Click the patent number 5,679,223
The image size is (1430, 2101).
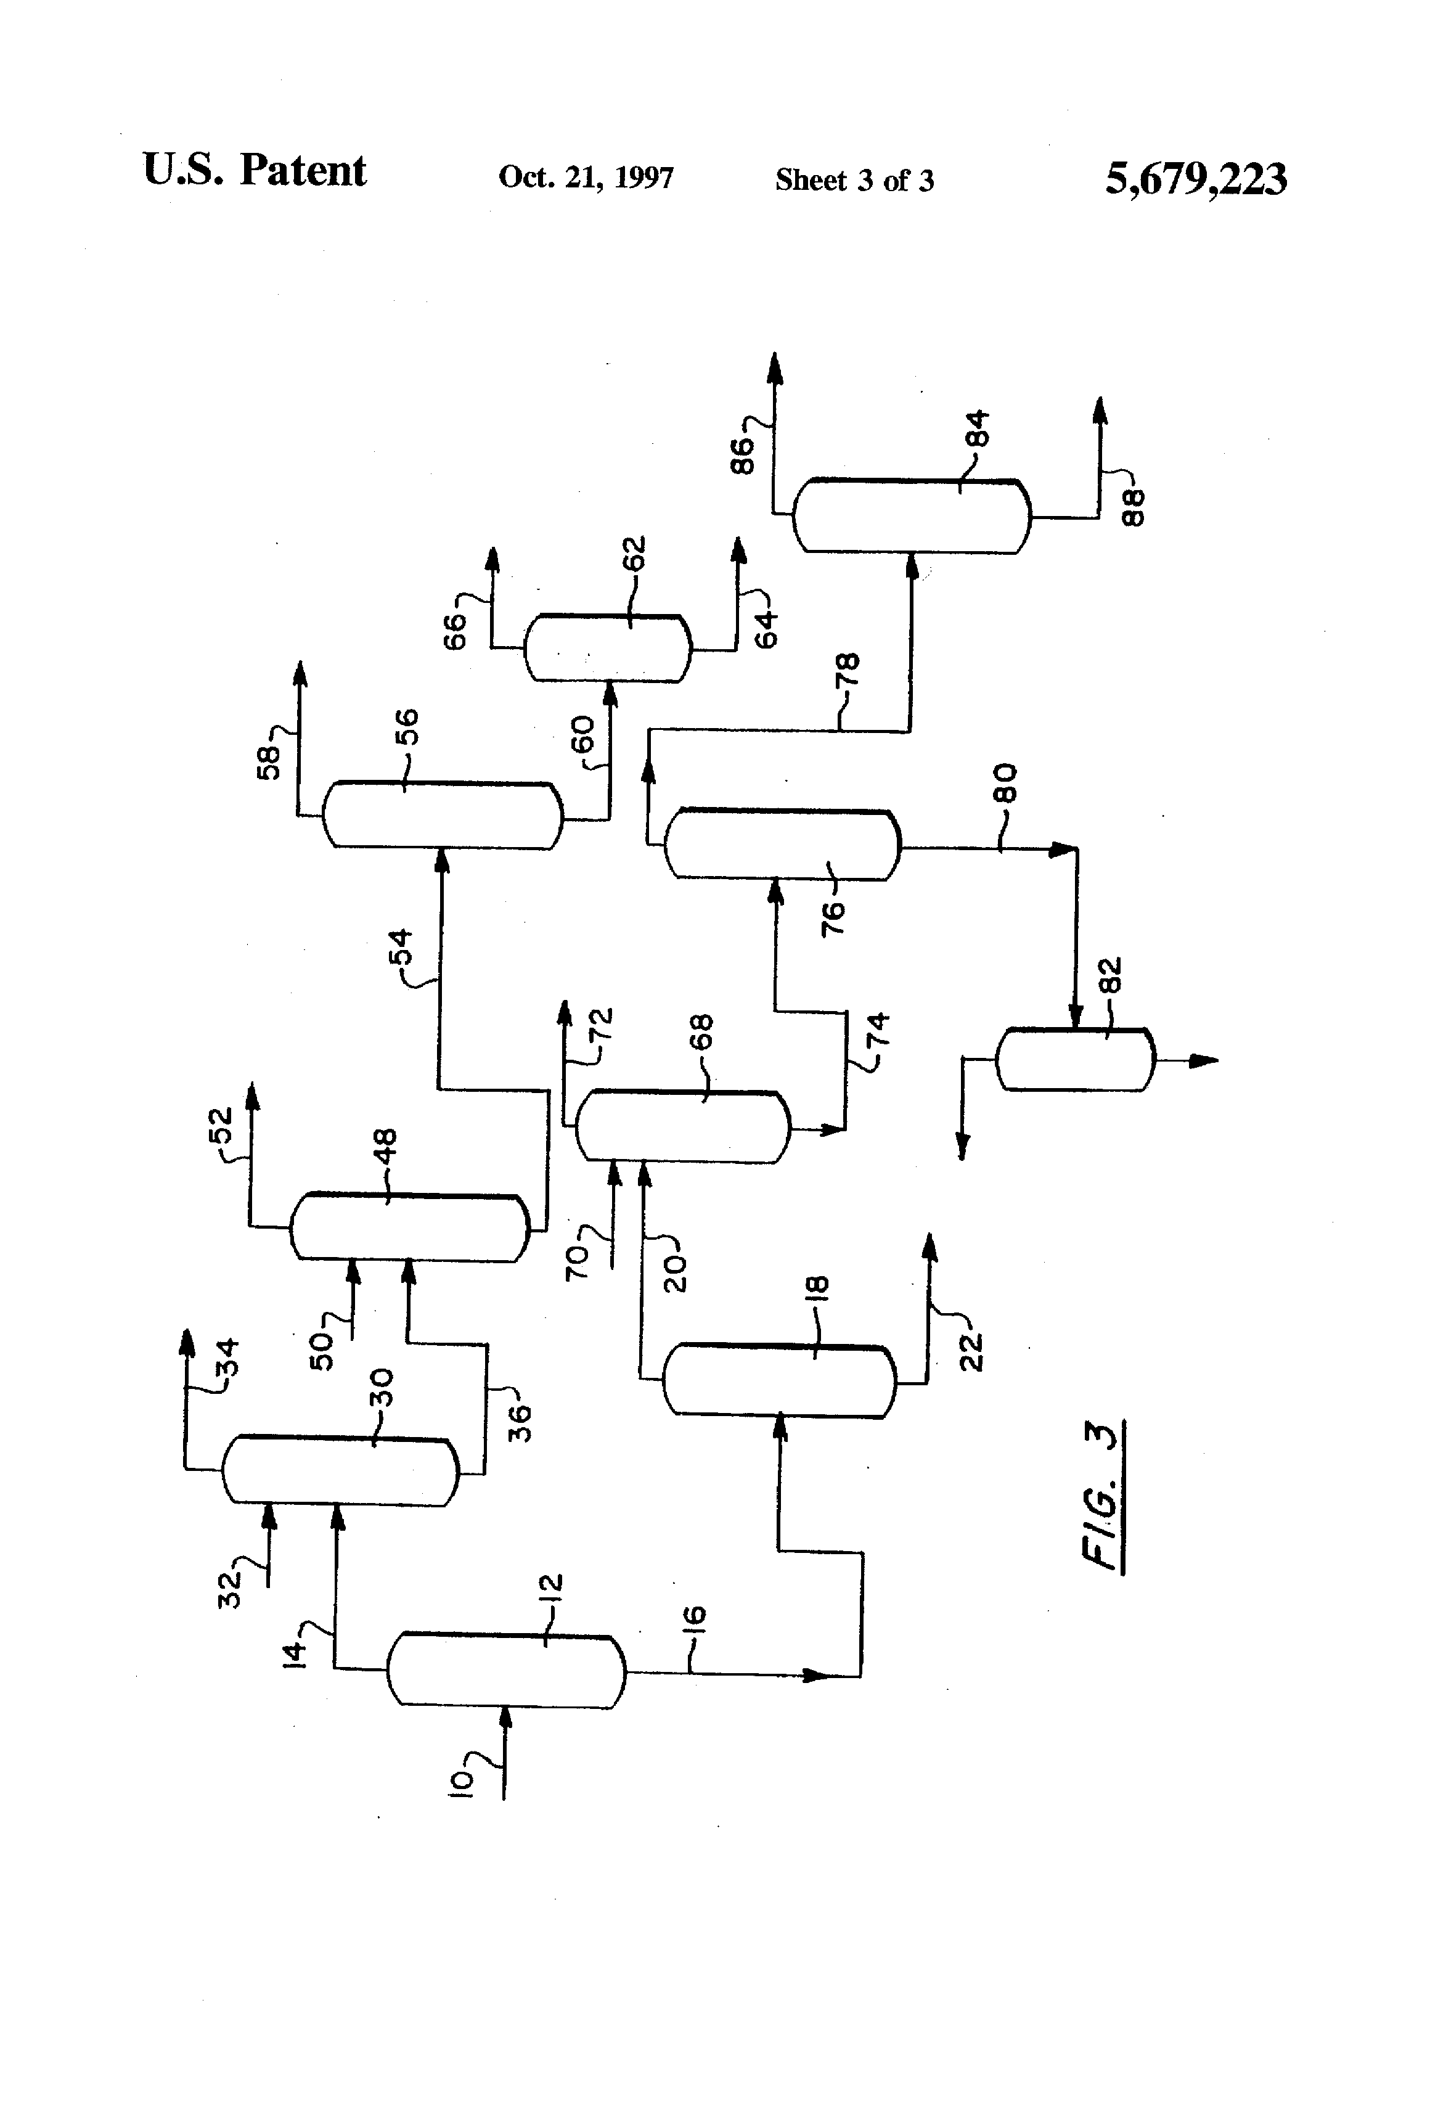(1195, 178)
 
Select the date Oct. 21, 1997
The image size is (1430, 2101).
(586, 177)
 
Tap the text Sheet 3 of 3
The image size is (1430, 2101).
(854, 180)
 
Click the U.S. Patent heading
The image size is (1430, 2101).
(255, 171)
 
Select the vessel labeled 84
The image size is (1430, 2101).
(911, 516)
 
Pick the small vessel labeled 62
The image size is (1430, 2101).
(607, 648)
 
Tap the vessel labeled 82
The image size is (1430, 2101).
(1075, 1060)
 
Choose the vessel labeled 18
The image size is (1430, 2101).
(779, 1380)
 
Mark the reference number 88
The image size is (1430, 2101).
(1133, 507)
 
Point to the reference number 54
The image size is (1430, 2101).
(401, 946)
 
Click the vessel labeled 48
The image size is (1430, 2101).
(409, 1227)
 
